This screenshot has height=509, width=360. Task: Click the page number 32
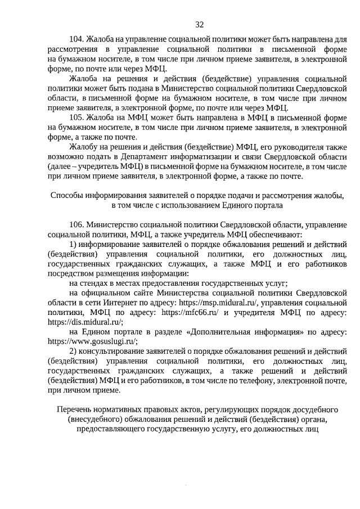[x=199, y=25]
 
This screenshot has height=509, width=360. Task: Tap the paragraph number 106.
[x=76, y=224]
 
